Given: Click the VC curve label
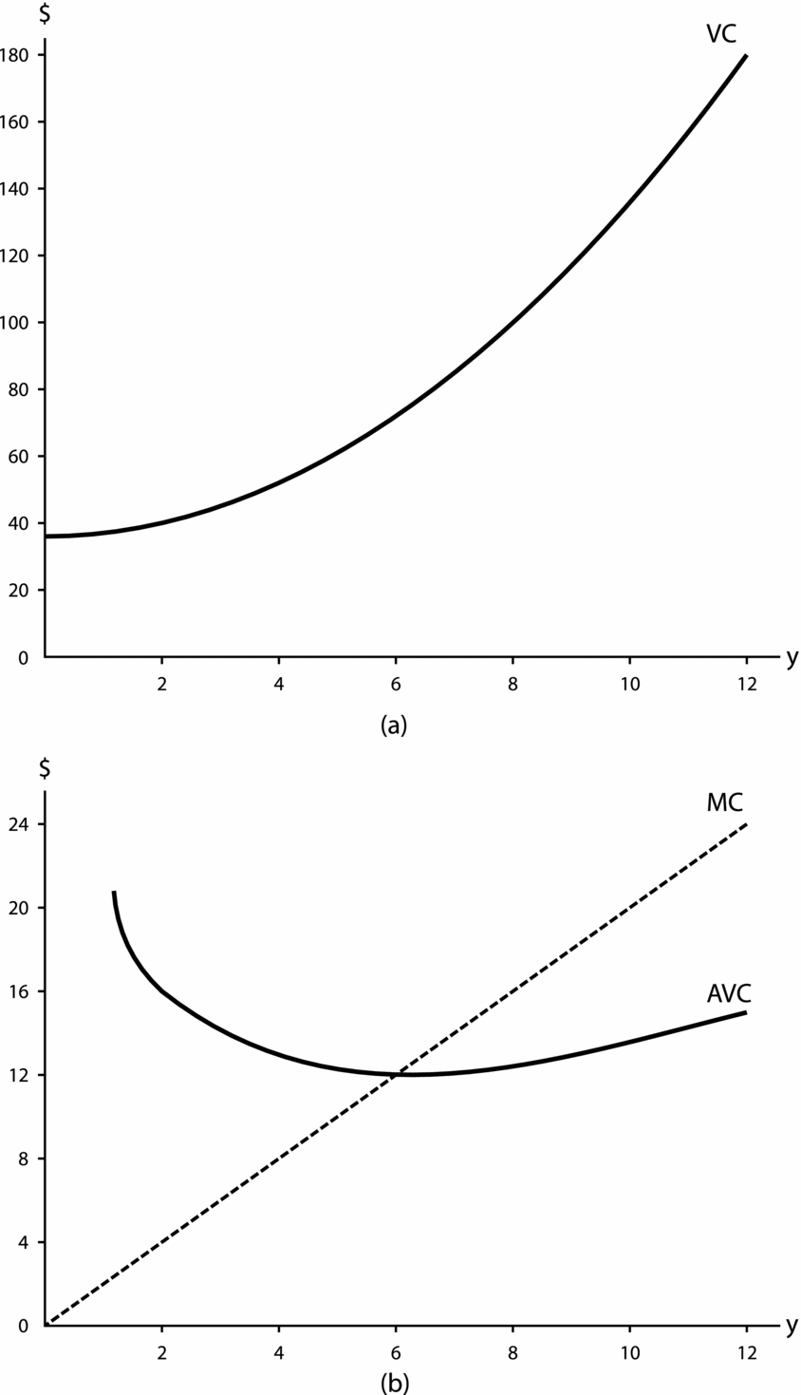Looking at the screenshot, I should pyautogui.click(x=720, y=34).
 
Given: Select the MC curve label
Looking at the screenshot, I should pyautogui.click(x=724, y=802).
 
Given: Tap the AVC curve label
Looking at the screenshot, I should pyautogui.click(x=729, y=993).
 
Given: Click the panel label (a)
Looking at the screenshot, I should pyautogui.click(x=394, y=726).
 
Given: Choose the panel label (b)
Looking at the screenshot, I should pyautogui.click(x=395, y=1383).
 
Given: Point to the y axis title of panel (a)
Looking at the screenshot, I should pyautogui.click(x=791, y=658).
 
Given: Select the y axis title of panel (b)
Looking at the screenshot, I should pyautogui.click(x=791, y=1327).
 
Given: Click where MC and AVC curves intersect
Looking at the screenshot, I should pyautogui.click(x=396, y=1074).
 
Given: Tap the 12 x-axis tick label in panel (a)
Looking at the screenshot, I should pyautogui.click(x=746, y=686).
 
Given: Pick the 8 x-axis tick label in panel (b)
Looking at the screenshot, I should pyautogui.click(x=512, y=1354).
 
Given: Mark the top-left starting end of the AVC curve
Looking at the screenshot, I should pyautogui.click(x=114, y=893).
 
